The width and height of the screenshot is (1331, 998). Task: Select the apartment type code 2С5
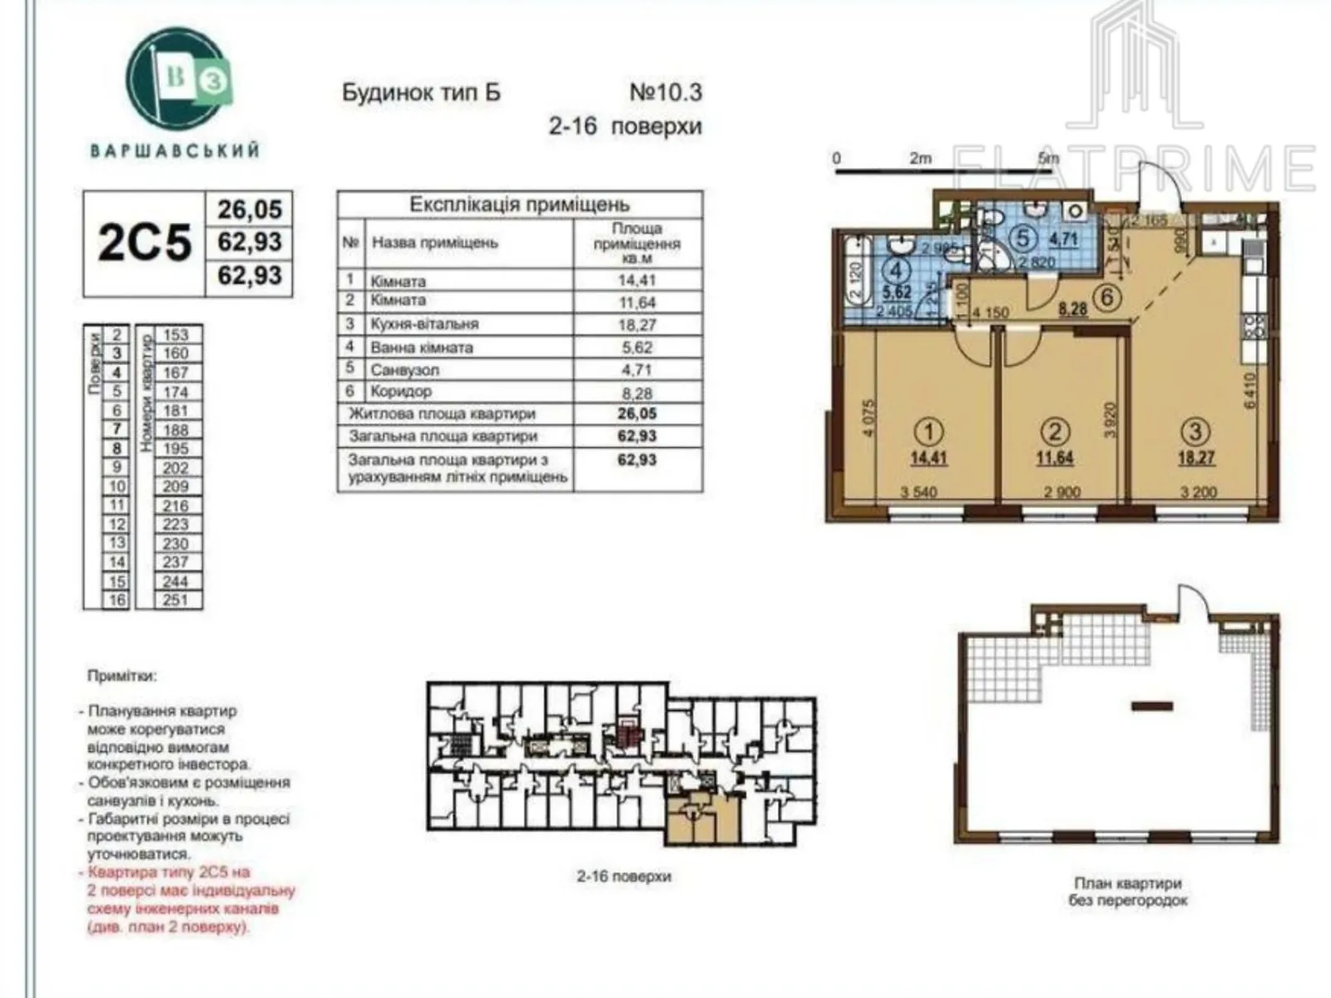point(145,243)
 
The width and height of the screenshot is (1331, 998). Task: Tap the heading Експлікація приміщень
point(519,205)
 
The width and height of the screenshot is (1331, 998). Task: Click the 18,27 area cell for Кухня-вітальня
point(636,325)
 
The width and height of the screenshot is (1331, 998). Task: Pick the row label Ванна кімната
point(422,348)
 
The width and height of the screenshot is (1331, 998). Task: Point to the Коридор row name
point(402,391)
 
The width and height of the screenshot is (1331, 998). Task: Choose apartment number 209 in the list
point(176,487)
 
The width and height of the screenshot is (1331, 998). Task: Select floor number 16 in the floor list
point(116,600)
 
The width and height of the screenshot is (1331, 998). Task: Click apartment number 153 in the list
point(176,335)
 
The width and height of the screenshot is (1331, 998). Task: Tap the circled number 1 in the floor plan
point(928,431)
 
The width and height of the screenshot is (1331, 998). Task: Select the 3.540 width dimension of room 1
point(918,492)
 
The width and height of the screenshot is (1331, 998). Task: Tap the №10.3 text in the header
point(665,91)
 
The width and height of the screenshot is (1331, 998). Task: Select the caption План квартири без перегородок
point(1127,892)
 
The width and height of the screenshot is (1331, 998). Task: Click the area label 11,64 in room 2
point(1055,457)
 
